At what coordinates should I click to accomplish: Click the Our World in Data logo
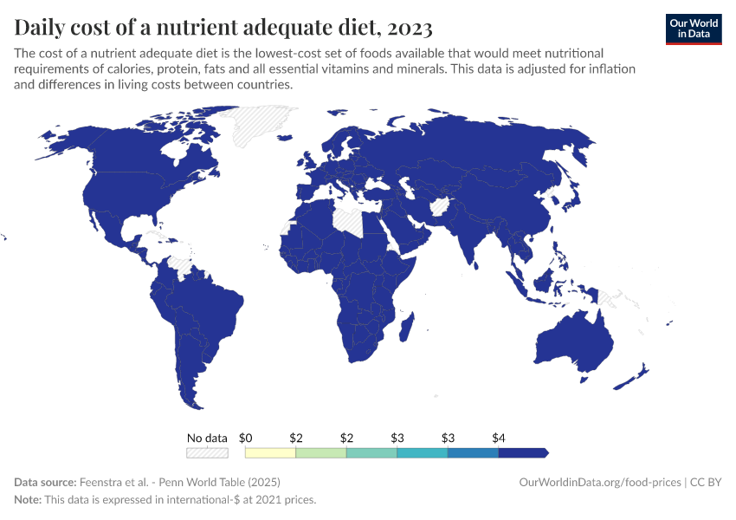(x=693, y=29)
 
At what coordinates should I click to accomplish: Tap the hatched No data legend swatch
(x=207, y=452)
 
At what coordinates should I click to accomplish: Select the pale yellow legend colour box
(x=270, y=452)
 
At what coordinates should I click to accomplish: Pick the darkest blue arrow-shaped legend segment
(x=522, y=452)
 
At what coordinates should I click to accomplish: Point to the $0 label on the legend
(x=245, y=438)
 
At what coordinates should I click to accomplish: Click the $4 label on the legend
(x=499, y=438)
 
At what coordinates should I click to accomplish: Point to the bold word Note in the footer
(x=29, y=500)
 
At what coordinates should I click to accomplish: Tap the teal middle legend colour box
(x=371, y=452)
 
